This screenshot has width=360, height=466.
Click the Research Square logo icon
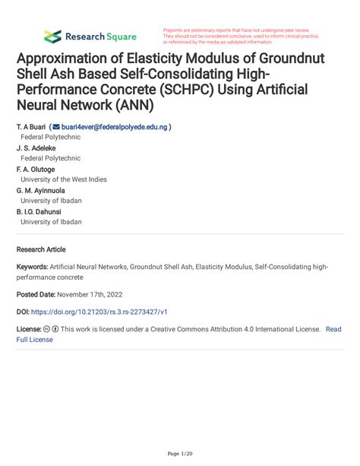[52, 36]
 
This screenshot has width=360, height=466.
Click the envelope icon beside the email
[55, 127]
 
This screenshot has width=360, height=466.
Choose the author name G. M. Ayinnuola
[40, 190]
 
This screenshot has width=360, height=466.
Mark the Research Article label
[41, 249]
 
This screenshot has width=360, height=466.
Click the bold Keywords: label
[33, 268]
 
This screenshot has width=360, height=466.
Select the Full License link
[35, 340]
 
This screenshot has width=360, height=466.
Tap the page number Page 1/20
[180, 454]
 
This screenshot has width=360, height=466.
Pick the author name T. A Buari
[30, 127]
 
